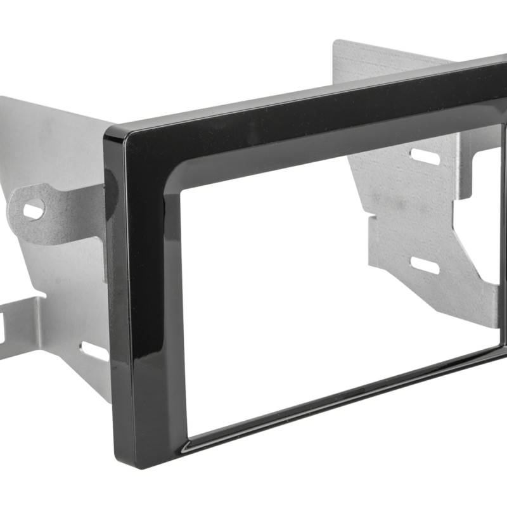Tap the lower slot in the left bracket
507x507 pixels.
click(x=94, y=350)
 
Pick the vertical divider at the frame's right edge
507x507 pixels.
click(x=504, y=241)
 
